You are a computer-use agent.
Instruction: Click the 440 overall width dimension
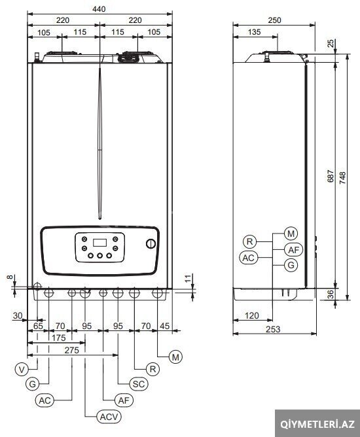(x=99, y=9)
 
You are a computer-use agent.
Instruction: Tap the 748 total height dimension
(x=342, y=177)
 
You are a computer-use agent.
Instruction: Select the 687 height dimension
(x=330, y=176)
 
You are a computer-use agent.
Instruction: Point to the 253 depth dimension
(x=273, y=329)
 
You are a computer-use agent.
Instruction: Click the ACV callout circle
(x=109, y=417)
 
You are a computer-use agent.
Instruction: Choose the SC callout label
(x=139, y=384)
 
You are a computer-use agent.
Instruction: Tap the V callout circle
(x=22, y=370)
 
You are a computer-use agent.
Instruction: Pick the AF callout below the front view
(x=124, y=400)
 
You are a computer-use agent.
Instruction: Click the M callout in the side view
(x=291, y=234)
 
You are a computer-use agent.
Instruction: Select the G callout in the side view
(x=291, y=265)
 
